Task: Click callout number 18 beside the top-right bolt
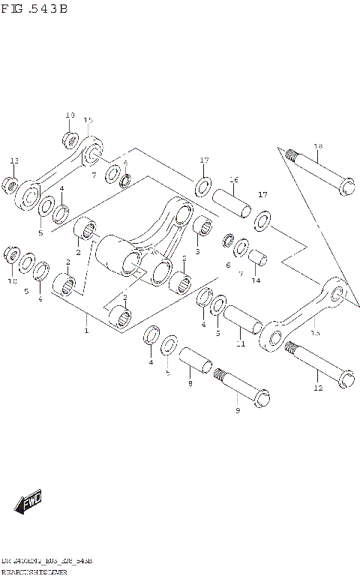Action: click(317, 146)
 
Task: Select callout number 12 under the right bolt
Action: click(318, 388)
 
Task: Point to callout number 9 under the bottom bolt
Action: click(238, 411)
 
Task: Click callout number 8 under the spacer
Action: click(190, 383)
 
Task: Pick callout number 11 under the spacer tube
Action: click(240, 344)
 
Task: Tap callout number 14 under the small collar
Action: click(256, 280)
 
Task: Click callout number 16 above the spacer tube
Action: click(233, 180)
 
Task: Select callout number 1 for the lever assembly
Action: click(87, 330)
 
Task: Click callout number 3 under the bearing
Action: click(197, 251)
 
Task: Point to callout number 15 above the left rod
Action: click(88, 120)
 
